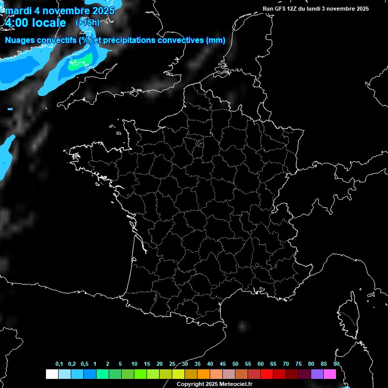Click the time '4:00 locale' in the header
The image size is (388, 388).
tap(35, 23)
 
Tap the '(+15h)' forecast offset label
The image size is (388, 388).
tap(87, 23)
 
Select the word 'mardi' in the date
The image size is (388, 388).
tap(18, 11)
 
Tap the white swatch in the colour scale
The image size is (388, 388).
tap(52, 374)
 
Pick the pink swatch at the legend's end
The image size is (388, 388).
tap(330, 374)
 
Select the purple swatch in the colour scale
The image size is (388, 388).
tap(317, 374)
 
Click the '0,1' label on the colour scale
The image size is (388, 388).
tap(59, 364)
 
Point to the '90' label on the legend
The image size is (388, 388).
tap(336, 364)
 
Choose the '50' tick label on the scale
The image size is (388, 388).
tap(235, 364)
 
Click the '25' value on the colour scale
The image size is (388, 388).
tap(172, 364)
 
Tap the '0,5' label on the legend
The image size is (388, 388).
tap(84, 364)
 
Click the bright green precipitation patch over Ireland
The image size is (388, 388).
tap(81, 62)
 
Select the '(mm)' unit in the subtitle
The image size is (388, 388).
tap(215, 40)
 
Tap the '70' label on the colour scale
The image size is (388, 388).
tap(286, 364)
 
